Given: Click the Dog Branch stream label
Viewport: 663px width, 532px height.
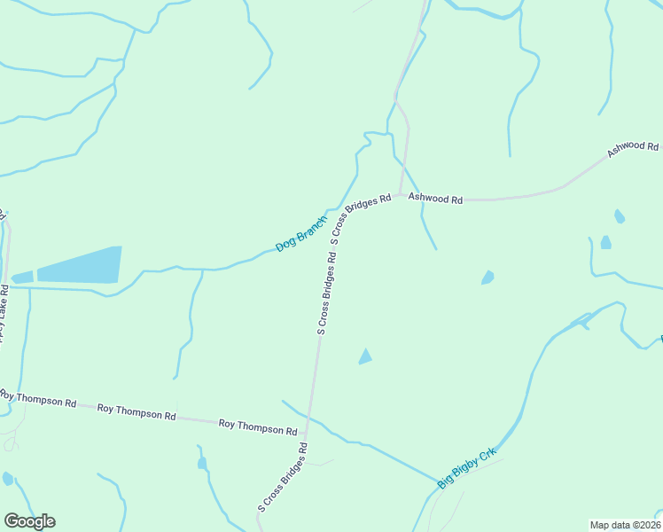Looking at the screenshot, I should (301, 233).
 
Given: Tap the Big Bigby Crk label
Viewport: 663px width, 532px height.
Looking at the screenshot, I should (467, 468).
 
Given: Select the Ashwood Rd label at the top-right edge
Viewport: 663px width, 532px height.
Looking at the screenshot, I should (633, 150).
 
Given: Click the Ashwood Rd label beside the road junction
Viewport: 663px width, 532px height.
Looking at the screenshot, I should (435, 199).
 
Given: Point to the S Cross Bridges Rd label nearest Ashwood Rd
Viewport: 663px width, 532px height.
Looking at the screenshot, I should (360, 219).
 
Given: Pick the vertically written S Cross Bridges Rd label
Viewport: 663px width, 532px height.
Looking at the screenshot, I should (325, 293).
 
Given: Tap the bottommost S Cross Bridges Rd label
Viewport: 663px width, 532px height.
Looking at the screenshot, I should (283, 478).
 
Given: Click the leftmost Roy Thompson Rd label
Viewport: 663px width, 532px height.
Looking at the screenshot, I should (38, 398).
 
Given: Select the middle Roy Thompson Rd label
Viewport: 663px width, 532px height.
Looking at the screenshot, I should (136, 411).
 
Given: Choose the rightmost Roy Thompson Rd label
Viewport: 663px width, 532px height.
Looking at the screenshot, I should (257, 427).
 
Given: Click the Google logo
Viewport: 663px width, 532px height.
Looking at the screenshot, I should (29, 521).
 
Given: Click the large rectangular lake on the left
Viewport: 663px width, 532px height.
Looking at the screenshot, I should (78, 266).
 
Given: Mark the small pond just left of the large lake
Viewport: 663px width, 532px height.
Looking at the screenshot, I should (22, 278).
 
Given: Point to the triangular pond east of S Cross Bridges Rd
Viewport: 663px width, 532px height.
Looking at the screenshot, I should (364, 356).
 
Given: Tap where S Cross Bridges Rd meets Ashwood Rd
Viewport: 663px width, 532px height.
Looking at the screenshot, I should (402, 194).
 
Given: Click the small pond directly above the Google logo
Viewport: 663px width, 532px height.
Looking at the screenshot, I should (8, 479).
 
